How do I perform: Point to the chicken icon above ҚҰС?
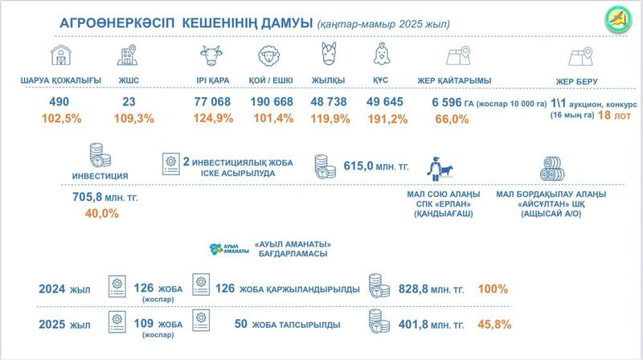pyautogui.click(x=382, y=57)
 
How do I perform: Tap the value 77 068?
pyautogui.click(x=213, y=103)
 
